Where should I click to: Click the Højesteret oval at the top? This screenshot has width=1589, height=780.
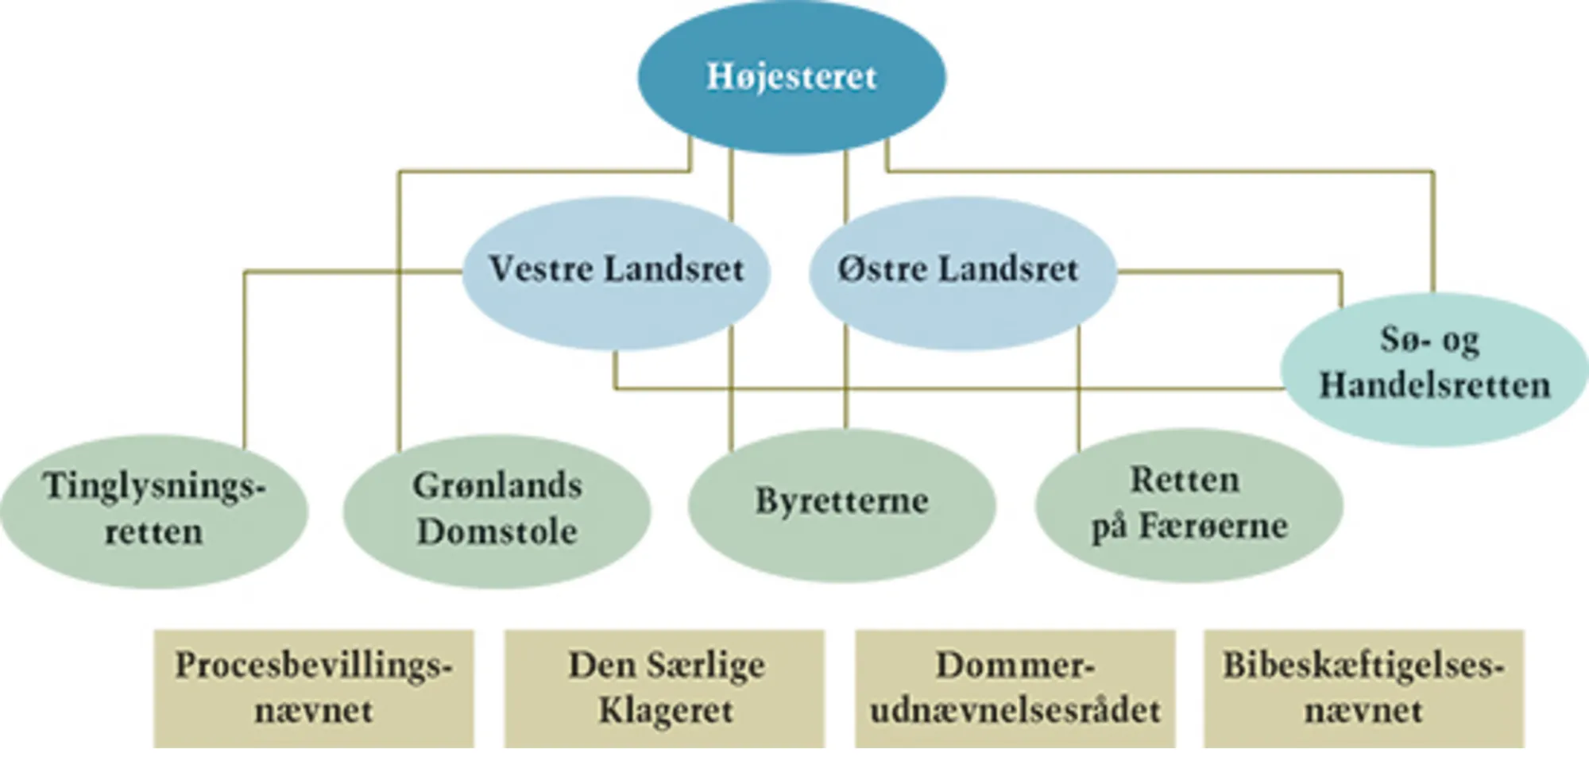pos(791,77)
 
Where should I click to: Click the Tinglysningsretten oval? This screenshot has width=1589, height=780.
pos(153,510)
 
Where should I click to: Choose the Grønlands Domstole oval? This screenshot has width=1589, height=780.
pos(497,510)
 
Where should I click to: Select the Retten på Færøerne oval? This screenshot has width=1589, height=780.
pos(1189,504)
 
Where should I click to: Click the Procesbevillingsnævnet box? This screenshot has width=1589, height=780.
pos(314,688)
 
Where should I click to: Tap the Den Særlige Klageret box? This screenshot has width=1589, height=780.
pos(664,688)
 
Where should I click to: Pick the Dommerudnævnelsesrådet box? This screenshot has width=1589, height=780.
pos(1015,688)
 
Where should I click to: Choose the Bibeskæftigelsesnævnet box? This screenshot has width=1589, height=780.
pos(1363,688)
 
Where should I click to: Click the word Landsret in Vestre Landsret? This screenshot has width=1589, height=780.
pos(674,269)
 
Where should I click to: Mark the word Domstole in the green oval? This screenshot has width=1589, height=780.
pos(497,532)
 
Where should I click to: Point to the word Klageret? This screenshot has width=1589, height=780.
pos(666,710)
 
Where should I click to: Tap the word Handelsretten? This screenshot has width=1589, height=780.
pos(1434,386)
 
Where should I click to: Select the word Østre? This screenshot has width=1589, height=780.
pos(881,269)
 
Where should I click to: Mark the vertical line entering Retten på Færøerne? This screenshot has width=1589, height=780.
pos(1079,389)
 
